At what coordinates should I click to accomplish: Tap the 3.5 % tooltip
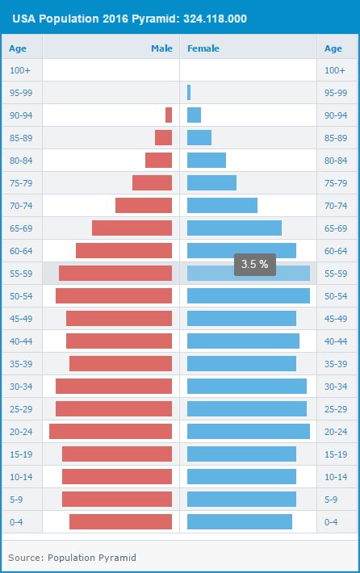coord(255,264)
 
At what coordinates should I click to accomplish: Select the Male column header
coord(161,48)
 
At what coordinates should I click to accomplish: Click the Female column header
coord(203,48)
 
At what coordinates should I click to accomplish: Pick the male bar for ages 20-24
coord(111,431)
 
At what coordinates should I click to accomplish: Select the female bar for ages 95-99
coord(189,92)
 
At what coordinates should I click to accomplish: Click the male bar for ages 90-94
coord(169,115)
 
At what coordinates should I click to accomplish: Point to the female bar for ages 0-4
coord(240,521)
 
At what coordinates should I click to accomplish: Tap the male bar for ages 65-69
coord(132,228)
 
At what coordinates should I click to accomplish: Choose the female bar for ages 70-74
coord(222,205)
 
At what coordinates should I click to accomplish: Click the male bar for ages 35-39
coord(120,363)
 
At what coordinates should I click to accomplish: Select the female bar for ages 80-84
coord(207,160)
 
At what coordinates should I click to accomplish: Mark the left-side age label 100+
coord(20,70)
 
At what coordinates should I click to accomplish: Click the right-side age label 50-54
coord(335,296)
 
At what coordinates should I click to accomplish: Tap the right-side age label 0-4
coord(330,522)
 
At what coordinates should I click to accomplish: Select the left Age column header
coord(18,48)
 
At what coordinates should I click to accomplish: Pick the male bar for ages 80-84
coord(158,160)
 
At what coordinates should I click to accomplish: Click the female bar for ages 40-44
coord(243,341)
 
